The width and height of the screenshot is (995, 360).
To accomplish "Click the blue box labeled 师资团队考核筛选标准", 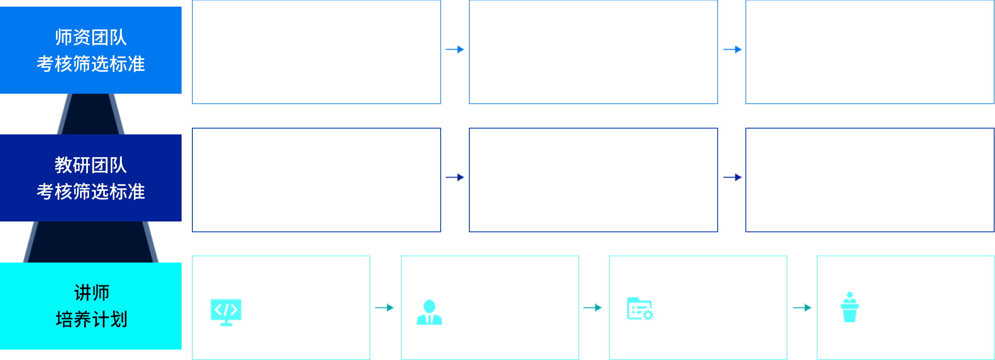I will [91, 50].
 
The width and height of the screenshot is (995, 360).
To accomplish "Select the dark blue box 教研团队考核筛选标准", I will [91, 178].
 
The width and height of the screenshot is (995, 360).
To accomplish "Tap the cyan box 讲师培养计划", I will [91, 306].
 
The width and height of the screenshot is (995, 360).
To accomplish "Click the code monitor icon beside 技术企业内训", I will [226, 311].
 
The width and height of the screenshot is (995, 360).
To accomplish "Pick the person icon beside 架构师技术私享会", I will [429, 312].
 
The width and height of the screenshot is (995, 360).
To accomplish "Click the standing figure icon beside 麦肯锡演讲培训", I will [849, 307].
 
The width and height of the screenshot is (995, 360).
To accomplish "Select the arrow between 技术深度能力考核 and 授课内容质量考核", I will [733, 49].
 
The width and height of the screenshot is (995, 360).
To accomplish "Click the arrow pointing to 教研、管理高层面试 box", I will [455, 177].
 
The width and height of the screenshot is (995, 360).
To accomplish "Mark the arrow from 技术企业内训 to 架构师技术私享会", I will [384, 307].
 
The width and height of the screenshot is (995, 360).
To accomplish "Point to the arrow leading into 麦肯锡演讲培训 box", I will [802, 307].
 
